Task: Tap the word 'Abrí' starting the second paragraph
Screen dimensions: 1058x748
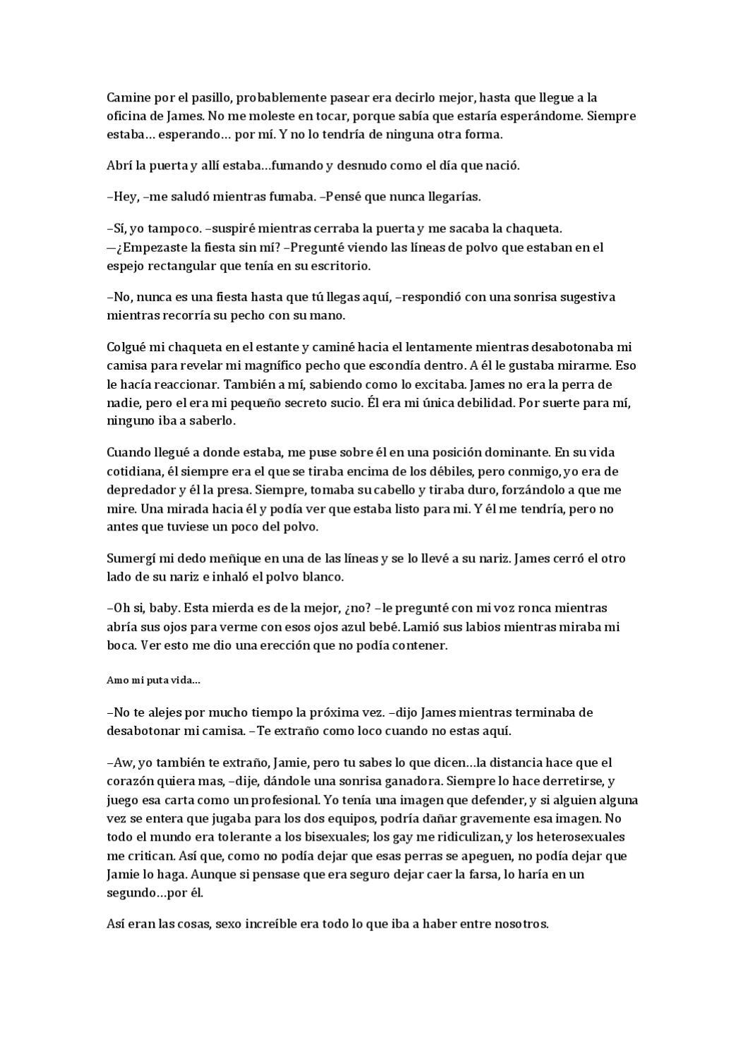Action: (x=119, y=166)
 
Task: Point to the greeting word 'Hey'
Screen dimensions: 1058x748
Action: (x=123, y=197)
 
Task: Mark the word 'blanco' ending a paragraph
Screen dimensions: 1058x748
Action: (x=323, y=577)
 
